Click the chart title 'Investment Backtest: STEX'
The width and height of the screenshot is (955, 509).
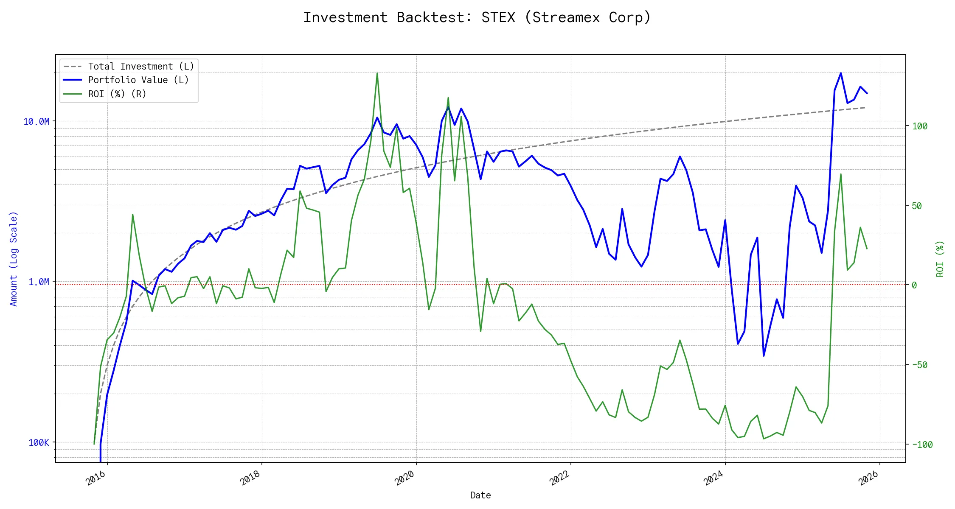pyautogui.click(x=477, y=17)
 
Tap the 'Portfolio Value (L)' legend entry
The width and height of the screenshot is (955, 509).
pyautogui.click(x=138, y=80)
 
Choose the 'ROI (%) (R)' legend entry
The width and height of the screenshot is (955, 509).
pyautogui.click(x=117, y=94)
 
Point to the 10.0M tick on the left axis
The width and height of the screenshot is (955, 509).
pyautogui.click(x=36, y=122)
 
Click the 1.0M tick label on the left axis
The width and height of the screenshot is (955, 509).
pyautogui.click(x=39, y=282)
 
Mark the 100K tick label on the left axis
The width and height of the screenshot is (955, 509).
pyautogui.click(x=39, y=443)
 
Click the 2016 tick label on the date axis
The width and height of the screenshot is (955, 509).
pyautogui.click(x=96, y=478)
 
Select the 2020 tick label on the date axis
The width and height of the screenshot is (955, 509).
pyautogui.click(x=404, y=478)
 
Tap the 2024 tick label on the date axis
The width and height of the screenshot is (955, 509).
pyautogui.click(x=713, y=478)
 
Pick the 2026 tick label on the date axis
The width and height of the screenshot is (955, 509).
pyautogui.click(x=868, y=478)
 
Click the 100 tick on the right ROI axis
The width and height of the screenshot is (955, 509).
pyautogui.click(x=920, y=126)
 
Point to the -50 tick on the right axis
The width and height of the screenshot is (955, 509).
pyautogui.click(x=920, y=365)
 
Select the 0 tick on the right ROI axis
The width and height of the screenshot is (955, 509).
pyautogui.click(x=915, y=285)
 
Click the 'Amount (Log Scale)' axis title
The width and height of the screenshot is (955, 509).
pyautogui.click(x=14, y=259)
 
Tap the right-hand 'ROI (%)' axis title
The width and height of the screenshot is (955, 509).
pyautogui.click(x=940, y=259)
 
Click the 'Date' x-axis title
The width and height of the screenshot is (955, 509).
pyautogui.click(x=480, y=495)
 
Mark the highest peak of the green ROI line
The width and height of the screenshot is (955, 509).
pyautogui.click(x=377, y=73)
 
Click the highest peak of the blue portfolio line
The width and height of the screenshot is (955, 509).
pyautogui.click(x=841, y=73)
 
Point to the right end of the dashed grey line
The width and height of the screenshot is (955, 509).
pyautogui.click(x=865, y=108)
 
